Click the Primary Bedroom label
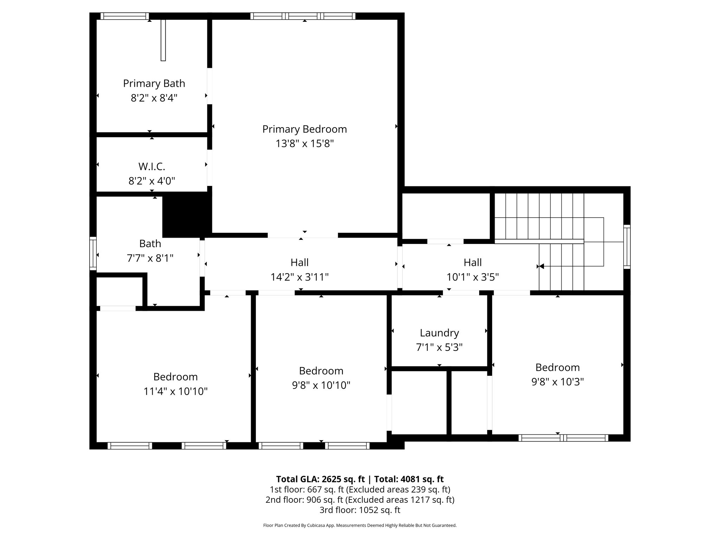click(304, 129)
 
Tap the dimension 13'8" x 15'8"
click(304, 144)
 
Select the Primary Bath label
click(154, 83)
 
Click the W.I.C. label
click(152, 166)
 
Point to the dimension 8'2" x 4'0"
click(152, 181)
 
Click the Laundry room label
click(439, 333)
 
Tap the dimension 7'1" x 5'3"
click(439, 347)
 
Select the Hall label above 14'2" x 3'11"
click(300, 262)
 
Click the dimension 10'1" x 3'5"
click(472, 277)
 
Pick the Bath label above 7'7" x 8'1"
click(150, 243)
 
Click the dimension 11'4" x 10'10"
click(175, 391)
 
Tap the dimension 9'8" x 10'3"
click(557, 382)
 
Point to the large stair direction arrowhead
click(541, 266)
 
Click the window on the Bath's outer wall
click(93, 253)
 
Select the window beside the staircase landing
click(626, 247)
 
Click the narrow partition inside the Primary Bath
click(163, 40)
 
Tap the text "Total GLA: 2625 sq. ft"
click(320, 479)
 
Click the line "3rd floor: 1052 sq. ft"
click(360, 510)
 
